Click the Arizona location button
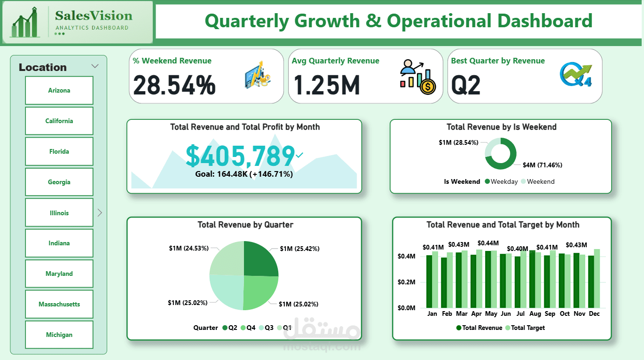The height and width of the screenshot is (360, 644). (x=59, y=90)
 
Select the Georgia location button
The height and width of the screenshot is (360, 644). (x=59, y=182)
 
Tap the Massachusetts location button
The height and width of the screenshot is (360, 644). (x=59, y=304)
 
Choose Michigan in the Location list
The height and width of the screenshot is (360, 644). (x=59, y=335)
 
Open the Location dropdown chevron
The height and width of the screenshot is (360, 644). (x=95, y=66)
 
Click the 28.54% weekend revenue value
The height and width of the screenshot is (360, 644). (x=174, y=85)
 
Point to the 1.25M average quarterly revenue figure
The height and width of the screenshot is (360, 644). (x=327, y=85)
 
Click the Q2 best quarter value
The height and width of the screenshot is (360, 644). (x=466, y=85)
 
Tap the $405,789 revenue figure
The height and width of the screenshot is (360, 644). (x=240, y=156)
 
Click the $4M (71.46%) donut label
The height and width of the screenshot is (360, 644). (x=542, y=165)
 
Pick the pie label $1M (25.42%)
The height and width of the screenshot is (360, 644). (x=299, y=249)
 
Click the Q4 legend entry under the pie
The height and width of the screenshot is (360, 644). (x=248, y=328)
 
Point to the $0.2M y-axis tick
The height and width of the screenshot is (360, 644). (x=407, y=282)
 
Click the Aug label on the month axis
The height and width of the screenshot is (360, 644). (x=535, y=313)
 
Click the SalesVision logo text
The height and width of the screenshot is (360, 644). (x=94, y=16)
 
